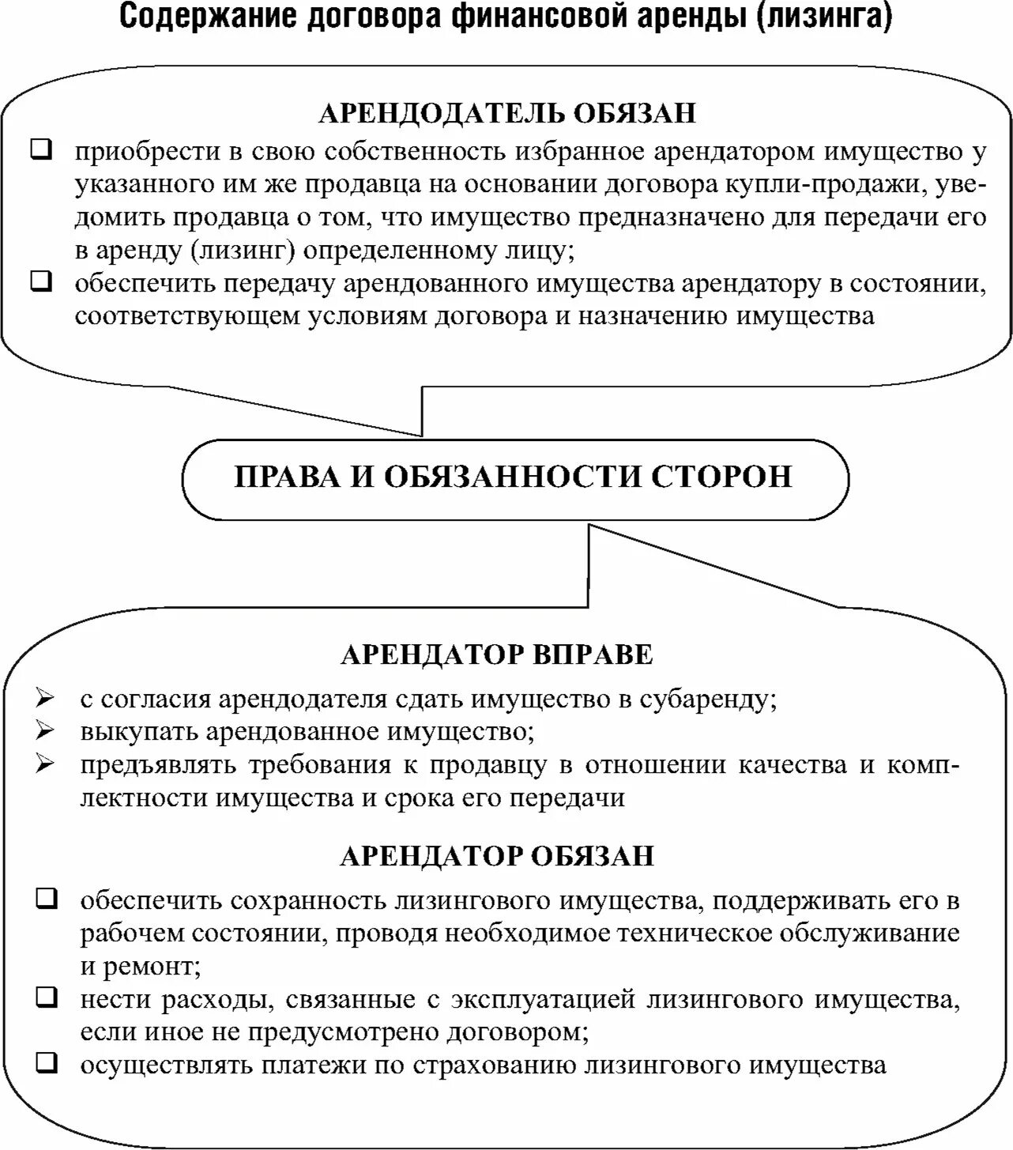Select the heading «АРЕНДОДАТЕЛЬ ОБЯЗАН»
pos(506,114)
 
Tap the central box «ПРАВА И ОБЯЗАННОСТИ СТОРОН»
pos(514,477)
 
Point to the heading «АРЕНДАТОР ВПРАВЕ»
pos(497,655)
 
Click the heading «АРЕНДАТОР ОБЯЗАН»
pos(497,856)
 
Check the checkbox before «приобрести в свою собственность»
pos(42,150)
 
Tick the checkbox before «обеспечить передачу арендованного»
pos(42,282)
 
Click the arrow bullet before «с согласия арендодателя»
pos(45,699)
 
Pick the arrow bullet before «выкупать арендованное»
pos(45,731)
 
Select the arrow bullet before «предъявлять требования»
pos(45,764)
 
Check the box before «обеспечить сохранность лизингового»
pos(47,898)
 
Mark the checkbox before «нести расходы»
pos(47,997)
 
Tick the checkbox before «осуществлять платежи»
pos(47,1063)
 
